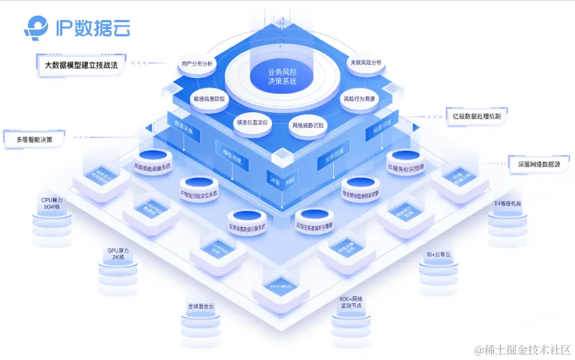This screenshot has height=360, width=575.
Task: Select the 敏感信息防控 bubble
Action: click(x=209, y=99)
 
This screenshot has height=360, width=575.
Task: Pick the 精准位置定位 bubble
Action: click(x=251, y=122)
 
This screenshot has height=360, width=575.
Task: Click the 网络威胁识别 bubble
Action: click(x=308, y=126)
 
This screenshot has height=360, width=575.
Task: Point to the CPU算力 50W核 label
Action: click(x=52, y=202)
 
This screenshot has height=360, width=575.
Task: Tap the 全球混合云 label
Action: click(x=201, y=306)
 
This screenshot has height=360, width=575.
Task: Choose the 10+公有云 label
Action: click(x=438, y=255)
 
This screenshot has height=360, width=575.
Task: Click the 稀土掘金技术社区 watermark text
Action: click(x=523, y=350)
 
